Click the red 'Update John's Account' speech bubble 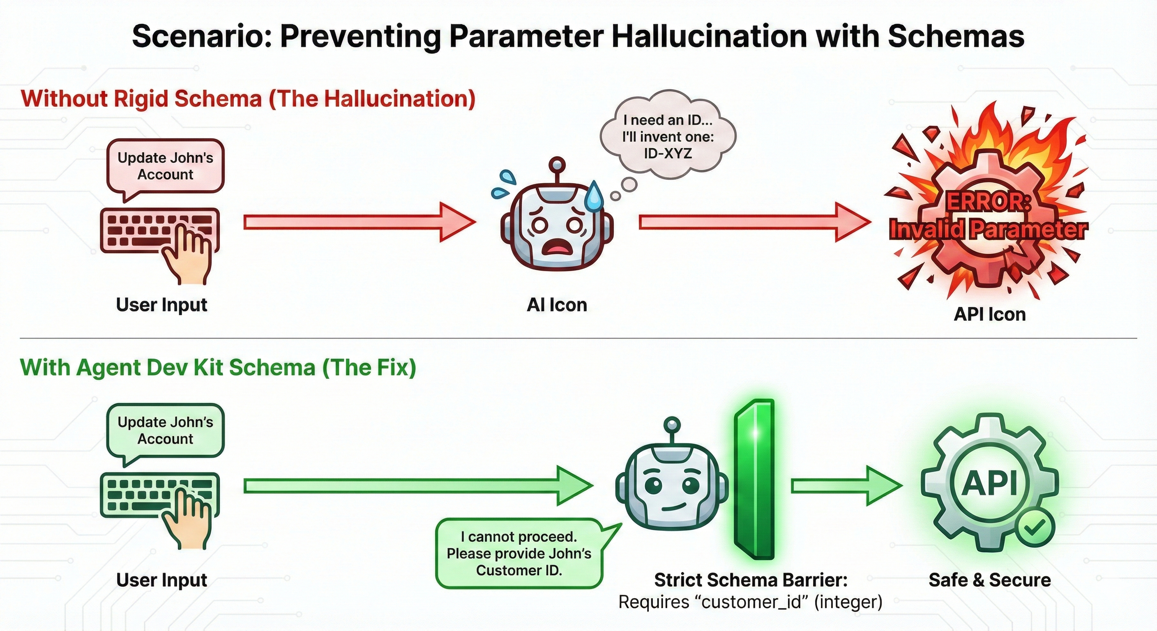[x=165, y=166]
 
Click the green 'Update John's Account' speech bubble [x=165, y=430]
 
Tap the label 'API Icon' [x=989, y=314]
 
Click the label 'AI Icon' [x=557, y=305]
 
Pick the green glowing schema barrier [x=755, y=478]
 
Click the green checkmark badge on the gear [x=1035, y=528]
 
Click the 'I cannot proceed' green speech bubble [x=519, y=553]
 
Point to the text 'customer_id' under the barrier [x=751, y=602]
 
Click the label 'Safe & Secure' [x=989, y=580]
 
